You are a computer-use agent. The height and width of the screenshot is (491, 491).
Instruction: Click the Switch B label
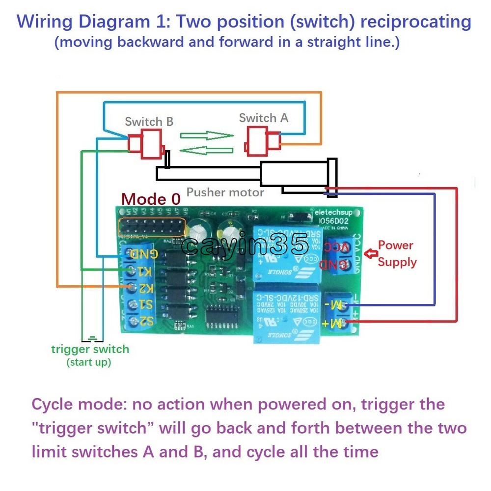click(149, 121)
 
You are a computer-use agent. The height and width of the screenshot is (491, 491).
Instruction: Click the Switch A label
click(264, 118)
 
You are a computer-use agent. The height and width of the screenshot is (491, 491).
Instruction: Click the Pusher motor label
click(225, 192)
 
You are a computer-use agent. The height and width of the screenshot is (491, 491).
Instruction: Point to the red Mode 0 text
click(151, 199)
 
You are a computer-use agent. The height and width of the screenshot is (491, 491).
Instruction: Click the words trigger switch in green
click(90, 350)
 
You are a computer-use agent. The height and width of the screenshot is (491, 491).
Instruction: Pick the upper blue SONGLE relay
click(285, 249)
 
